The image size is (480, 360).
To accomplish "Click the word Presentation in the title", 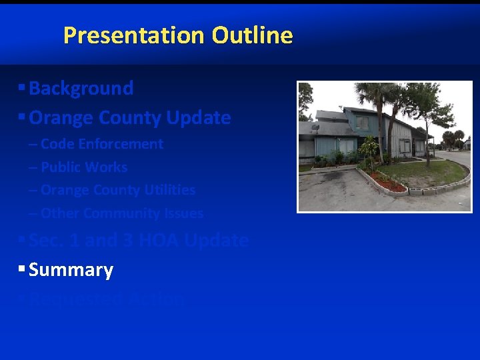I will (x=135, y=35).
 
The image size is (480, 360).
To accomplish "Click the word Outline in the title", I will (x=252, y=35).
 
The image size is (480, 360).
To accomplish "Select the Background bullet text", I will (x=81, y=88).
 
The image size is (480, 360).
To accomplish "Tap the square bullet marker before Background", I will (x=23, y=88).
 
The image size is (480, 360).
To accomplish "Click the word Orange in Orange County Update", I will (x=61, y=118).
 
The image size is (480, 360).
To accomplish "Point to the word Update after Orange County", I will (x=199, y=118).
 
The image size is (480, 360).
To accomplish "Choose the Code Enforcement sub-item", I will (x=101, y=144).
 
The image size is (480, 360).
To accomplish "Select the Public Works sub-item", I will (x=83, y=167).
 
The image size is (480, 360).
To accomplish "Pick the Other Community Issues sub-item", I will (x=121, y=213).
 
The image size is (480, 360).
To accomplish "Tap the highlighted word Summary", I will (x=71, y=270).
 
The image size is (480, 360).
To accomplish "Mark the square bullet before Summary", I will (x=23, y=270).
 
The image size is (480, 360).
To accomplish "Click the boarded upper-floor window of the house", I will (x=362, y=123).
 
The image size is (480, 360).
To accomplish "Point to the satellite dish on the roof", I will (x=315, y=127).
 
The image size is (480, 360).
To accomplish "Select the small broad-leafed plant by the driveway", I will (x=369, y=148).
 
